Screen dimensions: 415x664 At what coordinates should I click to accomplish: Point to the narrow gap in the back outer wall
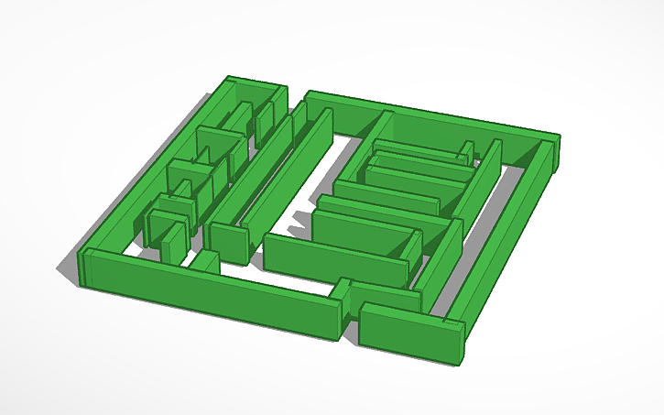tap(296, 96)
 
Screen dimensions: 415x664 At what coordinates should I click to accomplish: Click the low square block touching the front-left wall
tap(204, 261)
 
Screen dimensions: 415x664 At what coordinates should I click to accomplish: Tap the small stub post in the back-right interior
tap(466, 151)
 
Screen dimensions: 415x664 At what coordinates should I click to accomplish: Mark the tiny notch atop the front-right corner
tap(451, 322)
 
